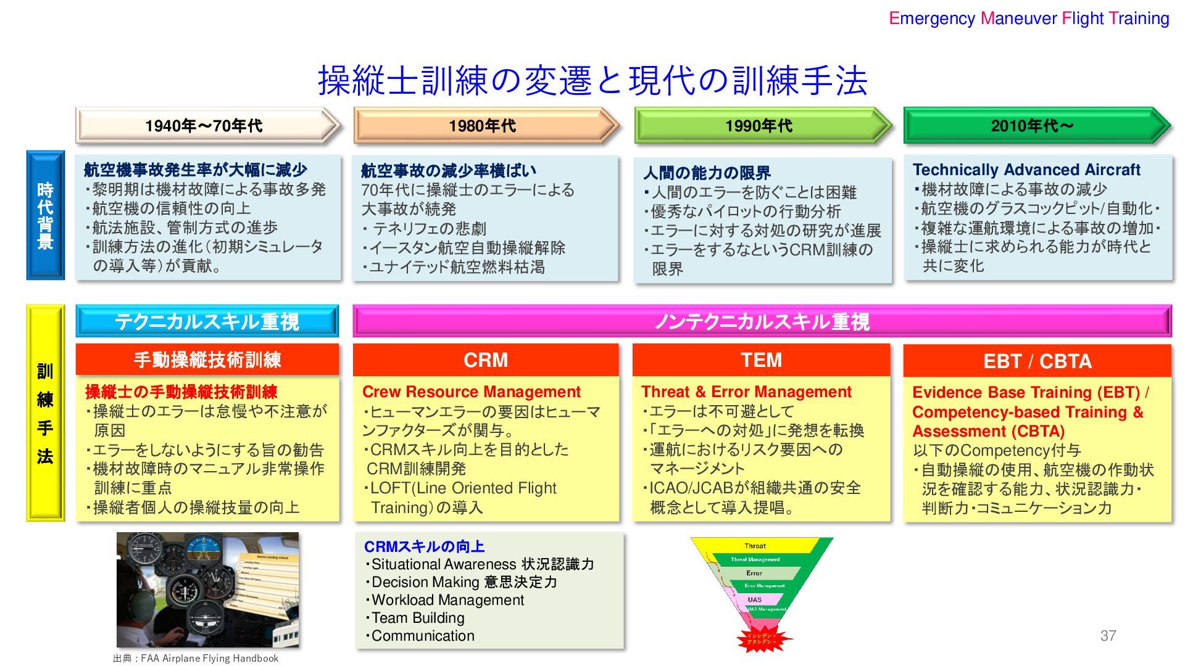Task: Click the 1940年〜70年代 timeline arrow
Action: click(207, 126)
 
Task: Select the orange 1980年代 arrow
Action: click(485, 126)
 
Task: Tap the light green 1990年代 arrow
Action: click(762, 126)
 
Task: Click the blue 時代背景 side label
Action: click(45, 215)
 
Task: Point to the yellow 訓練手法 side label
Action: click(45, 413)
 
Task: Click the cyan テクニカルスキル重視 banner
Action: click(207, 321)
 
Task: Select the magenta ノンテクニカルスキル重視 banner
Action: click(762, 321)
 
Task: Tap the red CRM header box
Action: click(486, 360)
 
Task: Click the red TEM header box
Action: click(761, 360)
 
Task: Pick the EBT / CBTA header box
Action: click(1037, 361)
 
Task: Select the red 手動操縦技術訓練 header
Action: click(207, 360)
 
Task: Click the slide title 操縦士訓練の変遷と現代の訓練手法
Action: click(592, 81)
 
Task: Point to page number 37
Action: click(1108, 636)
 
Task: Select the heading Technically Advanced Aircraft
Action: click(1026, 170)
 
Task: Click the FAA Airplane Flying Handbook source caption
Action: click(196, 658)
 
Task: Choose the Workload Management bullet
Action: click(447, 600)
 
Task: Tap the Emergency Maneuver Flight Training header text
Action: click(1029, 18)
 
